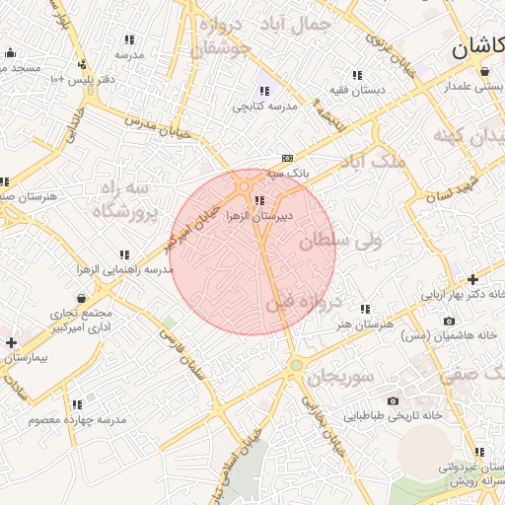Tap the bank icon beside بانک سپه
coord(287,157)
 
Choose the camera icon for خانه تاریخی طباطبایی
coord(393,400)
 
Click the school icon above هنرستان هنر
coord(366,309)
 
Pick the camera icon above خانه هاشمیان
coord(450,321)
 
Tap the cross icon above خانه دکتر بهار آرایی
coord(473,279)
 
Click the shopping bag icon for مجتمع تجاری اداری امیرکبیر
coord(80,297)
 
